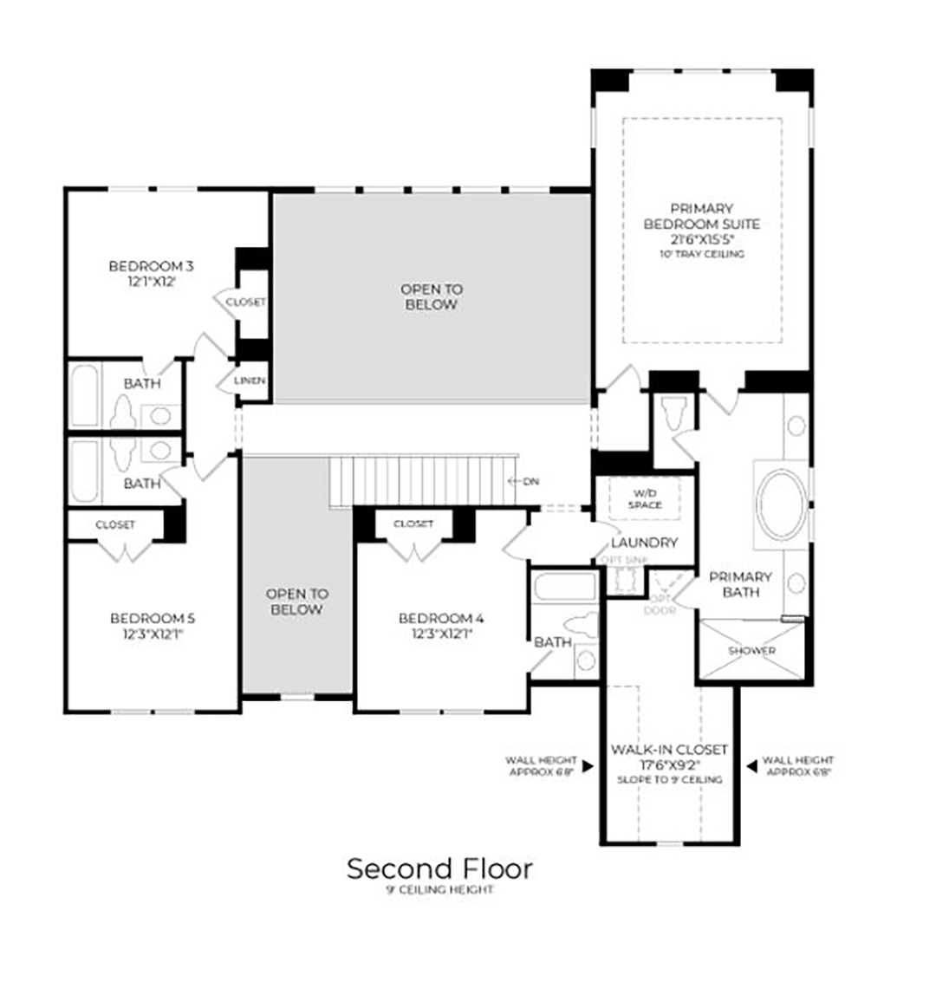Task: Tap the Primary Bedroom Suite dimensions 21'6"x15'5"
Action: click(x=701, y=239)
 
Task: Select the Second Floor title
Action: click(x=439, y=868)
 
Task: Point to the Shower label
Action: click(x=751, y=650)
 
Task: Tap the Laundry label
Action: click(x=644, y=543)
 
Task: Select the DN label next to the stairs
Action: click(x=530, y=480)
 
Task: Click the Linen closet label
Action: click(x=250, y=380)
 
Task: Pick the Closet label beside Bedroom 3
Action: click(x=246, y=302)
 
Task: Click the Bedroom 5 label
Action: click(x=153, y=618)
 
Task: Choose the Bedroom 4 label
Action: click(x=441, y=618)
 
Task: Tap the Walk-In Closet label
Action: click(x=669, y=749)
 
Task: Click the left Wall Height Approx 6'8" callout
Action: click(x=541, y=766)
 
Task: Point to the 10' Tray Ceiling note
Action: click(x=701, y=255)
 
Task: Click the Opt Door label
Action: click(x=661, y=604)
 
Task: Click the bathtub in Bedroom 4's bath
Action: click(x=563, y=587)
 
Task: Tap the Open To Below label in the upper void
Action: click(x=431, y=296)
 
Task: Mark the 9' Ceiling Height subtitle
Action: click(x=439, y=890)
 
